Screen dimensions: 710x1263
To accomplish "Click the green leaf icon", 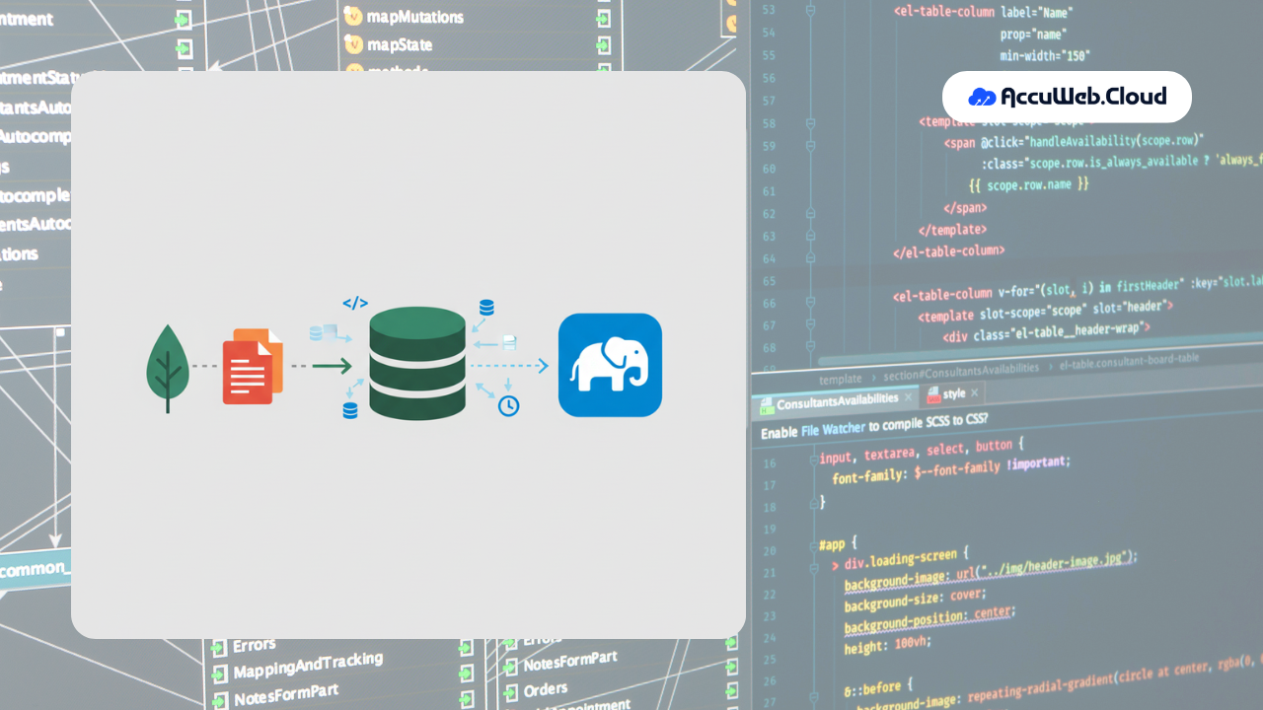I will (x=168, y=366).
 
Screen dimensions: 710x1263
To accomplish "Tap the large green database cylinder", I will (x=417, y=364).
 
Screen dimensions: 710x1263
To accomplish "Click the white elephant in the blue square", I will (x=610, y=365).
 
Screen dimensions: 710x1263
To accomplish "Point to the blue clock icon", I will (x=508, y=405).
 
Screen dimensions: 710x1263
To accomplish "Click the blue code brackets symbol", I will (x=355, y=304).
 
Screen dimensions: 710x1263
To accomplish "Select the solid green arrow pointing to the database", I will (x=332, y=367).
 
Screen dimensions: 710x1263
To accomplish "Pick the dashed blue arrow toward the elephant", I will (x=508, y=366).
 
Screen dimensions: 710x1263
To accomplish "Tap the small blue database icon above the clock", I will (x=486, y=308).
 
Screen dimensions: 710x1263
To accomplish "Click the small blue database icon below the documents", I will (x=350, y=410).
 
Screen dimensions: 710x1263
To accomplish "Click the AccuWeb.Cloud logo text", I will (x=1083, y=97).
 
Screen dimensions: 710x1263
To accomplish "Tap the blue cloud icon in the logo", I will (x=983, y=97).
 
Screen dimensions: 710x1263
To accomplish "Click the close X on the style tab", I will (x=975, y=393).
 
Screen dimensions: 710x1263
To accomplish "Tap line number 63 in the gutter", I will (x=769, y=237).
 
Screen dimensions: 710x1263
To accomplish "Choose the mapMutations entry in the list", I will (x=414, y=17).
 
